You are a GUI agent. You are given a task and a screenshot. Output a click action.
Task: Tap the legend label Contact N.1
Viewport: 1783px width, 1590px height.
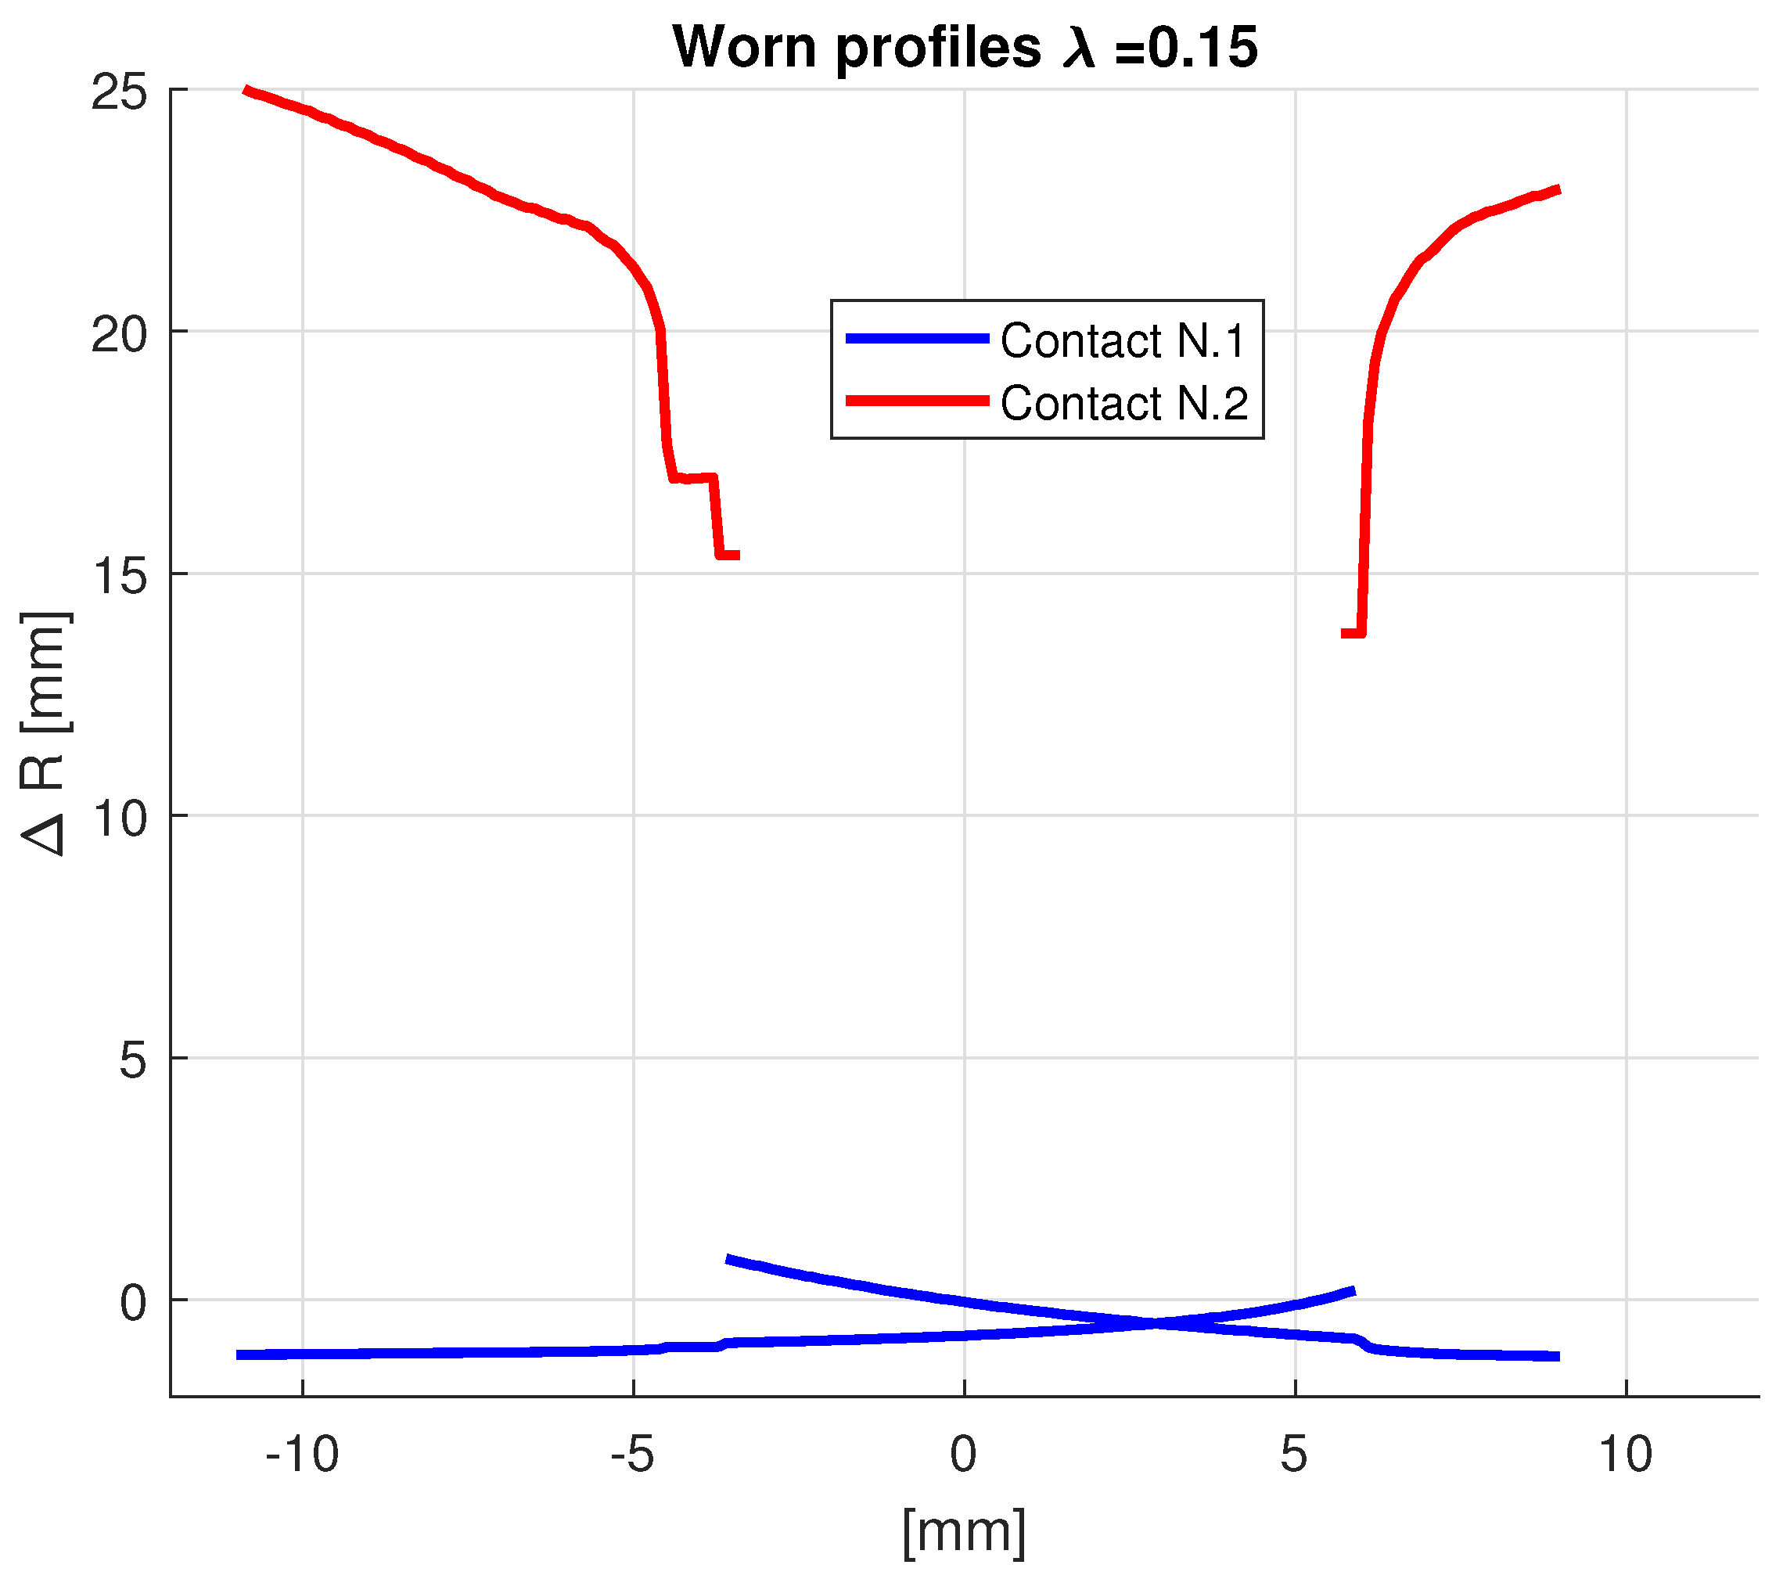pyautogui.click(x=1123, y=340)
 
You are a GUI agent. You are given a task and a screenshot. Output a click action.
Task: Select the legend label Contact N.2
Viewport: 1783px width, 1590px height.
pyautogui.click(x=1124, y=404)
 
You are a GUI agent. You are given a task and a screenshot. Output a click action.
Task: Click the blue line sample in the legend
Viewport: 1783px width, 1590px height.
pyautogui.click(x=917, y=338)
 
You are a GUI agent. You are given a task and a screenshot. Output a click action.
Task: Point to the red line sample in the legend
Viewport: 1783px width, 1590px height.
pyautogui.click(x=917, y=401)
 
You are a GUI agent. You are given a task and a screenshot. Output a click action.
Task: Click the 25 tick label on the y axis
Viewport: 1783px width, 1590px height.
pyautogui.click(x=119, y=92)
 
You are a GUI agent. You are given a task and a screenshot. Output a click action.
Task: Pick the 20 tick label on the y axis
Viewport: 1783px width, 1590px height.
pyautogui.click(x=119, y=333)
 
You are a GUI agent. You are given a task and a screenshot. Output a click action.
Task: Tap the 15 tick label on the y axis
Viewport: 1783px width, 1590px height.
pyautogui.click(x=119, y=576)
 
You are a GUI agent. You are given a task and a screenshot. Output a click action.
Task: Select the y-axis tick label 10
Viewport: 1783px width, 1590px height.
pyautogui.click(x=119, y=818)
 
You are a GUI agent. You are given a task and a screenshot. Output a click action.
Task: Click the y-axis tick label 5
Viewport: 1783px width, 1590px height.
pyautogui.click(x=133, y=1060)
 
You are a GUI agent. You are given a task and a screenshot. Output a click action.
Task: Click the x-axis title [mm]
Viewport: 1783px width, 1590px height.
pyautogui.click(x=964, y=1531)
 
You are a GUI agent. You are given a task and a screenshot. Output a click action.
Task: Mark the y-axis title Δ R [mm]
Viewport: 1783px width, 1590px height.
pyautogui.click(x=44, y=734)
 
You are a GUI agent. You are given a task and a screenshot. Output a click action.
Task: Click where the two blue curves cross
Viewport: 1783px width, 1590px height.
pyautogui.click(x=1155, y=1322)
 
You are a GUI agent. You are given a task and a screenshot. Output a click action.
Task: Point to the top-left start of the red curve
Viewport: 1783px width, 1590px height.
pyautogui.click(x=246, y=89)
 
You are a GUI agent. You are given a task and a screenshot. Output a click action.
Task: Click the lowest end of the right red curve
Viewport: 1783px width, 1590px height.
pyautogui.click(x=1346, y=633)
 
